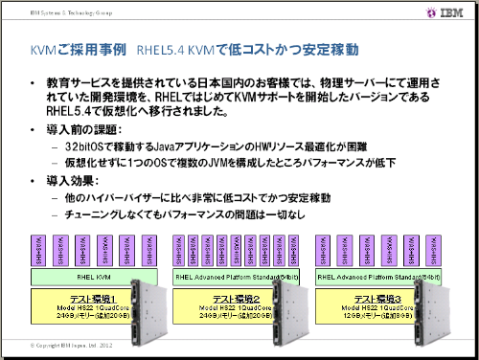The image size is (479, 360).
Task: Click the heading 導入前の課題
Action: (x=85, y=128)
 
